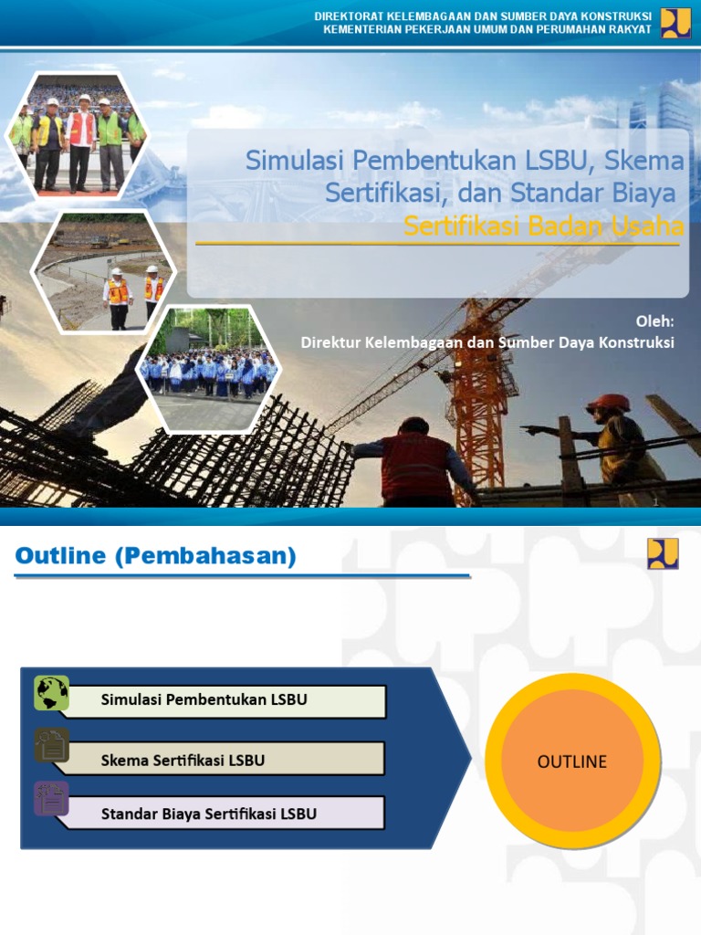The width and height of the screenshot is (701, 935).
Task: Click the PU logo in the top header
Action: coord(676,22)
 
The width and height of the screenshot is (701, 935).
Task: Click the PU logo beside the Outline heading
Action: coord(664,553)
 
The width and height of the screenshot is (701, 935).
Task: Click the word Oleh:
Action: coord(654,321)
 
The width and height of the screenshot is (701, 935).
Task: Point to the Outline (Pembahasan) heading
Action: coord(155,557)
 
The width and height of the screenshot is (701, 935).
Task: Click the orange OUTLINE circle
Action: coord(572,762)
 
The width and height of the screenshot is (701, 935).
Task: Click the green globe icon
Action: coord(51,694)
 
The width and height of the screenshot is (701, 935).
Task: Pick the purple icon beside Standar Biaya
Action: coord(51,798)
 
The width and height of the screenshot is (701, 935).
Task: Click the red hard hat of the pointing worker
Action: coord(609,403)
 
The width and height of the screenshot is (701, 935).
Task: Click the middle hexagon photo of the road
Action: coord(103,272)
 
